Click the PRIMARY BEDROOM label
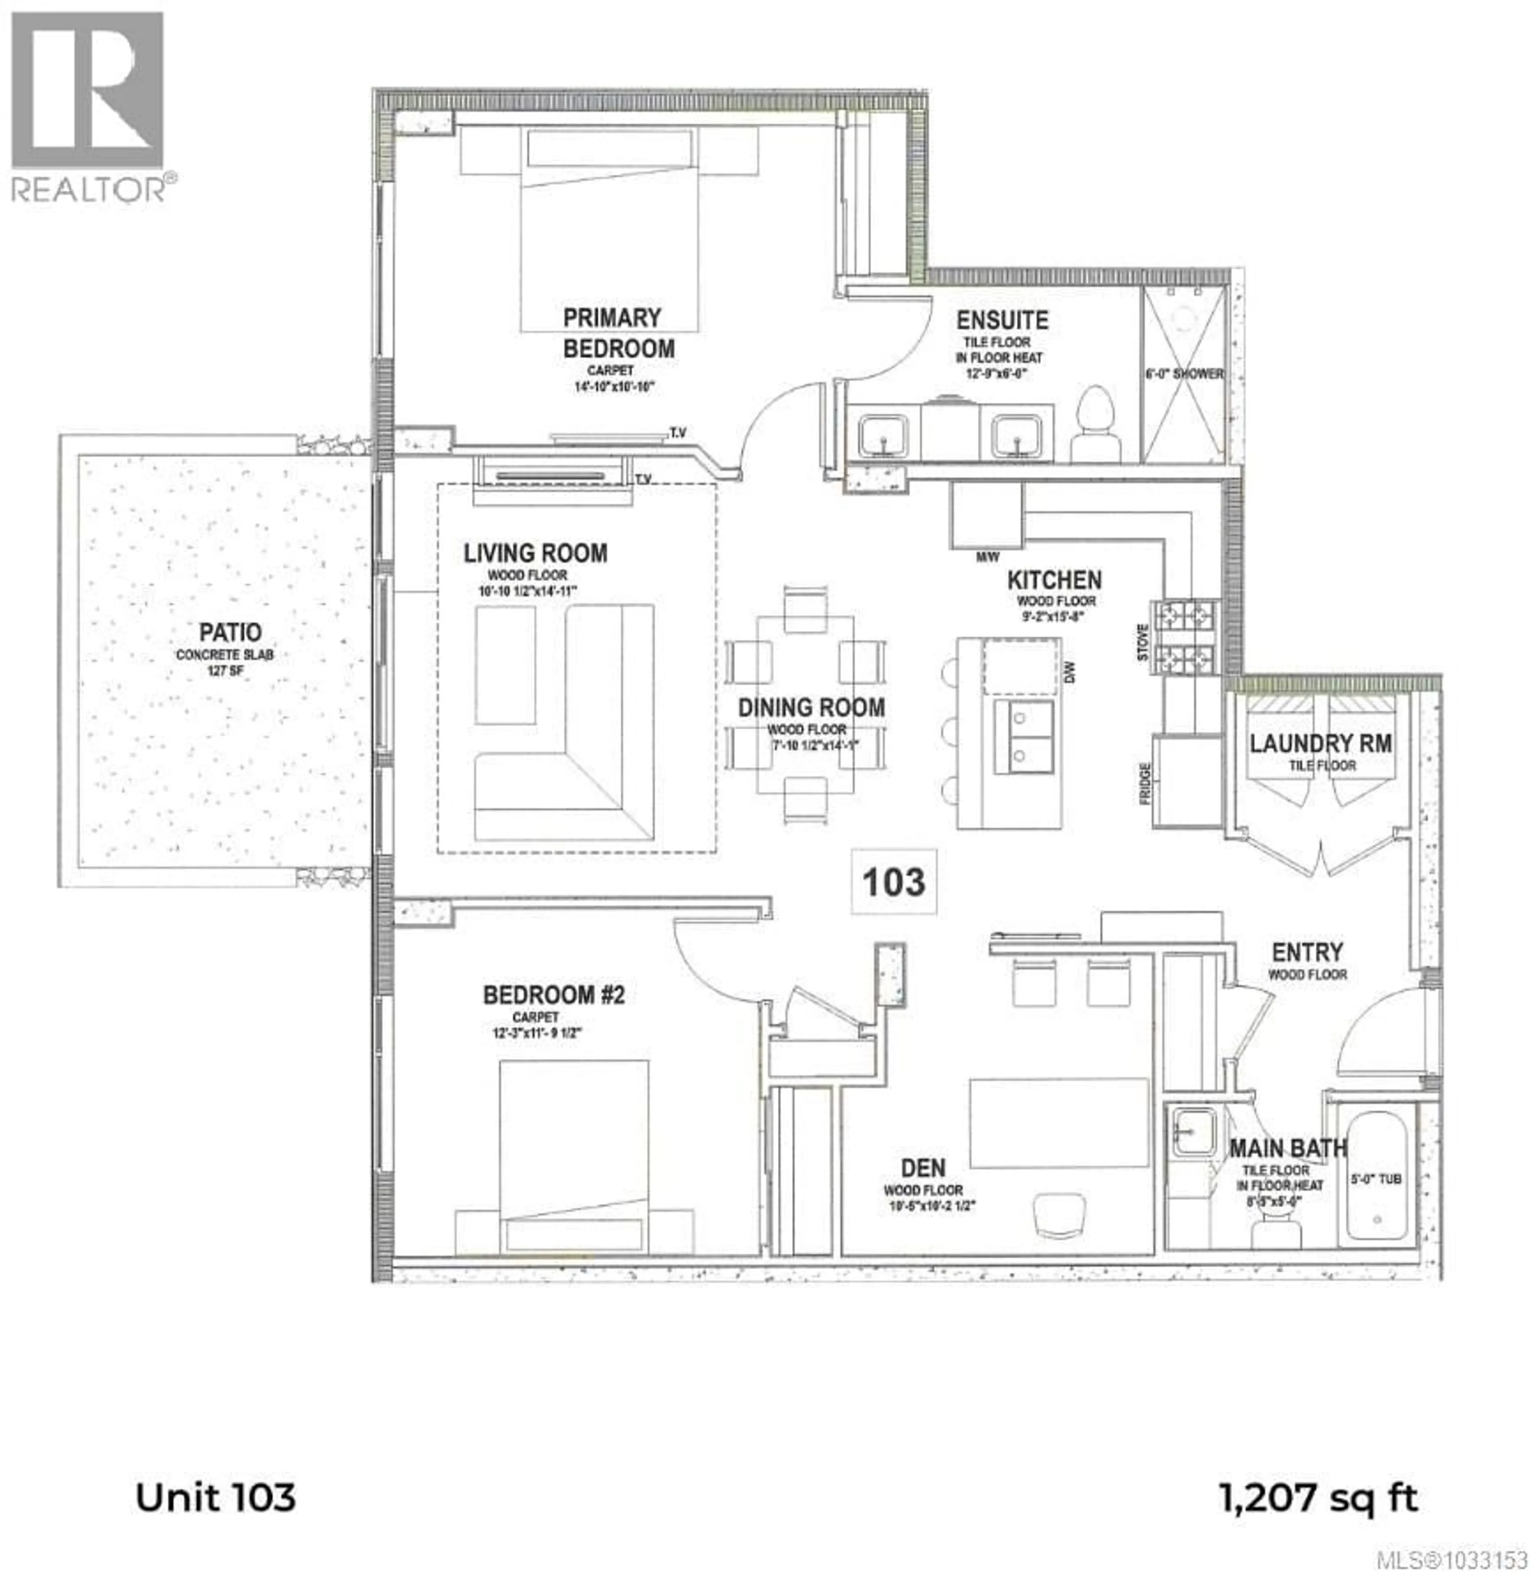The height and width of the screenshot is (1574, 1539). (618, 333)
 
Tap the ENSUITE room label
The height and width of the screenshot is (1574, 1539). (1002, 321)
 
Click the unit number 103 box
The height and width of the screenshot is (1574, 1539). (893, 882)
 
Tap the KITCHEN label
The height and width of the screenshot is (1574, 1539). (1054, 580)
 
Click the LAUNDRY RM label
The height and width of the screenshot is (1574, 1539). (1321, 743)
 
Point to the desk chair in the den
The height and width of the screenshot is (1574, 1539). (1060, 1215)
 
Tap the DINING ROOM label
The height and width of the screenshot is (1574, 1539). (811, 708)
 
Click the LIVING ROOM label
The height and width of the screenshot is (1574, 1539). (535, 553)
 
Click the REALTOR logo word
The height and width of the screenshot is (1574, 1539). (89, 190)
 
